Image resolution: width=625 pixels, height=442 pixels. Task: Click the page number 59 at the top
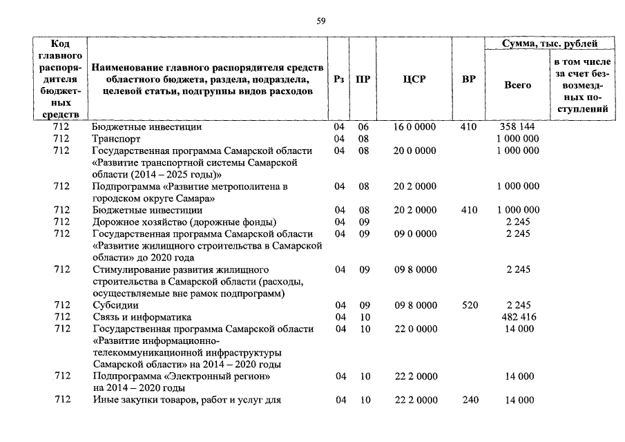[320, 21]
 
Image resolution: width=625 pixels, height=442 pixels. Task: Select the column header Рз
[338, 79]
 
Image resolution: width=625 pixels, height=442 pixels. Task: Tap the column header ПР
[363, 79]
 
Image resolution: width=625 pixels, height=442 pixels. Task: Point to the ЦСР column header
[414, 79]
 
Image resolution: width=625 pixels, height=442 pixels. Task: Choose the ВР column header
[468, 79]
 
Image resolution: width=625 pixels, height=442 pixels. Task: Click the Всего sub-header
[518, 85]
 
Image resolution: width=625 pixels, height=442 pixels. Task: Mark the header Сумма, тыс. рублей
[550, 44]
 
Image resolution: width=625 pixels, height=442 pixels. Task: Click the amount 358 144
[518, 127]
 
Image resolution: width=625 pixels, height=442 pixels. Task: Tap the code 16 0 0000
[414, 127]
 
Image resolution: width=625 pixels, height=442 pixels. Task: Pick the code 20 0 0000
[414, 151]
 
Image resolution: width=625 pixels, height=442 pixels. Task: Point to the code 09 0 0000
[414, 233]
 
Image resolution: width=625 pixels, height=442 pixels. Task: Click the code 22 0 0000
[414, 329]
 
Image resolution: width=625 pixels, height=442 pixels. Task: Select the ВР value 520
[470, 305]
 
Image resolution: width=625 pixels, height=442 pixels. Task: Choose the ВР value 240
[470, 400]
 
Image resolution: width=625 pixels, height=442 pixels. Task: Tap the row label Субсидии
[115, 305]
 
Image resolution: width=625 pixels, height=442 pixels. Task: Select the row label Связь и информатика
[142, 317]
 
